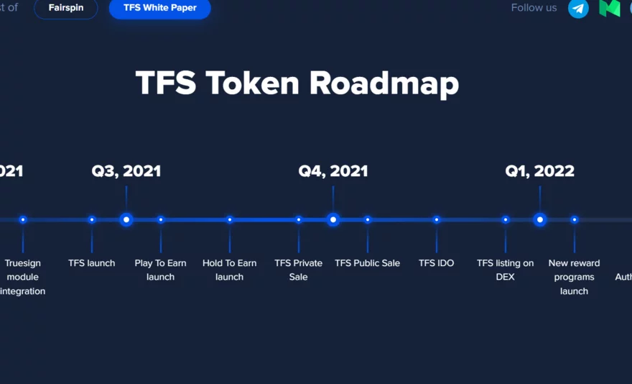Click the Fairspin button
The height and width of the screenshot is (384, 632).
[65, 8]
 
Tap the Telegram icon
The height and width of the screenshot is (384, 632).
[578, 9]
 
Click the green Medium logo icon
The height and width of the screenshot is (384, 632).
[610, 8]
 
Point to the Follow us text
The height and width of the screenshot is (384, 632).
[534, 8]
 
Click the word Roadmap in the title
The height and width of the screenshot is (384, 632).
[384, 83]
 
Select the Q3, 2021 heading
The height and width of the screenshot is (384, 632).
[126, 171]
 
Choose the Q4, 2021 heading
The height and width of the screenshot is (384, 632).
[333, 171]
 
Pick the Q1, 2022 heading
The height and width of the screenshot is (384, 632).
[539, 171]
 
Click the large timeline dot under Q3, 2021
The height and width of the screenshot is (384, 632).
[126, 219]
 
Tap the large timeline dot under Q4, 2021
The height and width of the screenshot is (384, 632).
[333, 219]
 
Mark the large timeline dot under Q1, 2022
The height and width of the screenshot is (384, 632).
[539, 219]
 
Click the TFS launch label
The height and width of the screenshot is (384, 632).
[91, 263]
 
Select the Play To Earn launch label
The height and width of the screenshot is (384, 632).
[160, 270]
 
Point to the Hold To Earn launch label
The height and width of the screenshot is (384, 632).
[229, 270]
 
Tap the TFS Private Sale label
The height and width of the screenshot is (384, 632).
[298, 270]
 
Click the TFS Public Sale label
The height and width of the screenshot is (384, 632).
[367, 263]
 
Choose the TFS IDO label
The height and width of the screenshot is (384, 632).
[436, 263]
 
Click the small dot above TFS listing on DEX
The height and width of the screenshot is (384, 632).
[506, 219]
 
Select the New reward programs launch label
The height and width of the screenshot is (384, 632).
[574, 277]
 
